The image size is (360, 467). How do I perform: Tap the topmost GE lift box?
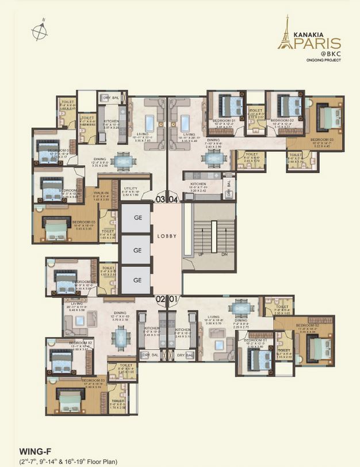point(137,219)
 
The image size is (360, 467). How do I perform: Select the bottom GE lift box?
point(137,280)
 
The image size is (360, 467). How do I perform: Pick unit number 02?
point(160,299)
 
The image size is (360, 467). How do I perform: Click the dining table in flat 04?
point(210,158)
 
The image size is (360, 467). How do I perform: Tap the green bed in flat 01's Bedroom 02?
point(318,348)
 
